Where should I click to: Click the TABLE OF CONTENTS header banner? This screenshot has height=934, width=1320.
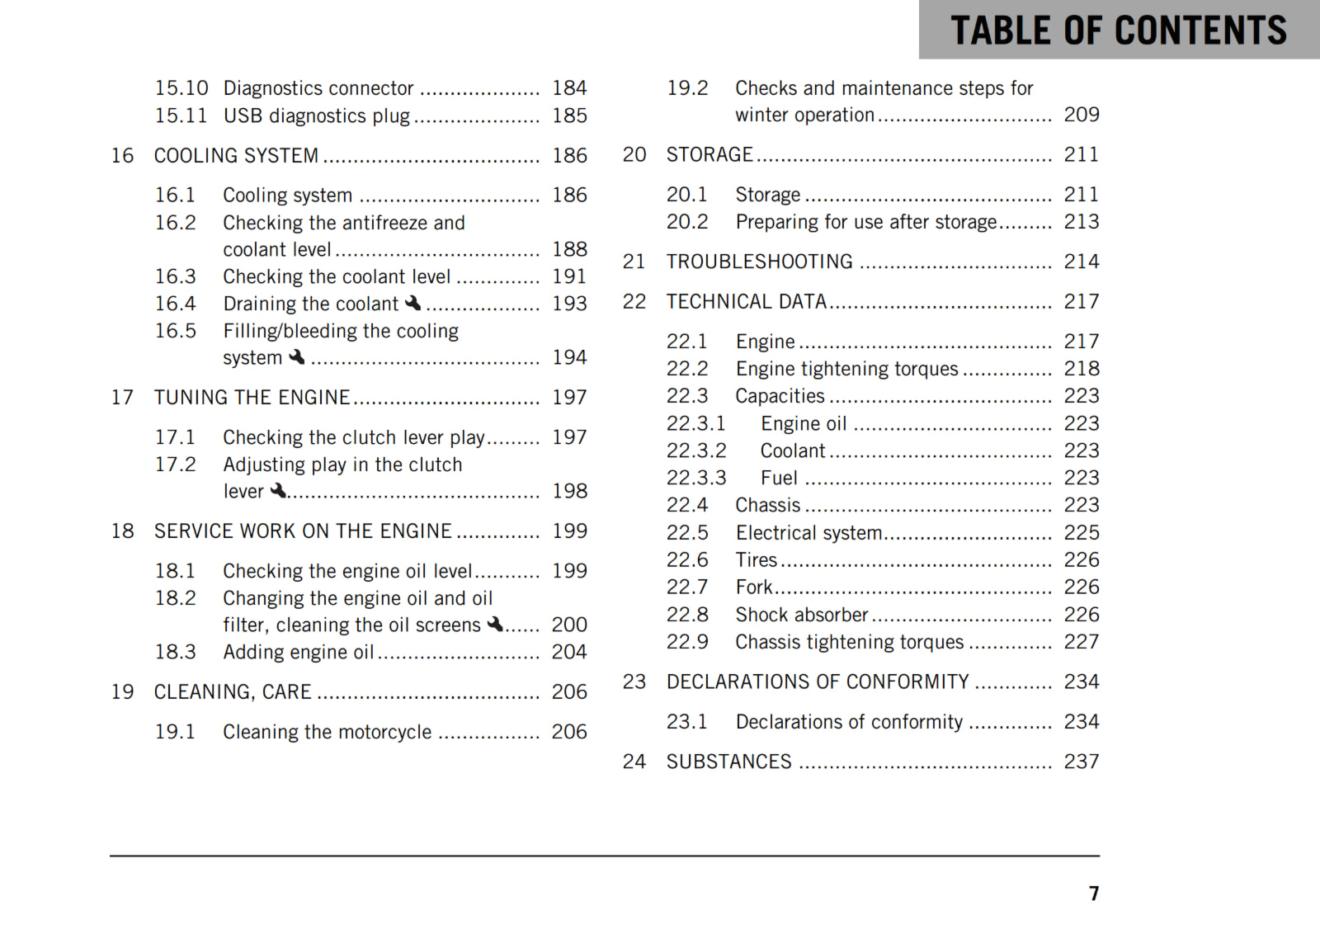tap(1119, 31)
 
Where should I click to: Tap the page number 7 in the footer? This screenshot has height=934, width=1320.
tap(1094, 894)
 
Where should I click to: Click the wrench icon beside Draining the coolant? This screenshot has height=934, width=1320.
tap(413, 304)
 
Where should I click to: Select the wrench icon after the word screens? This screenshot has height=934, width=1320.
tap(495, 625)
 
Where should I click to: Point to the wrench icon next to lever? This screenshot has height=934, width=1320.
tap(279, 491)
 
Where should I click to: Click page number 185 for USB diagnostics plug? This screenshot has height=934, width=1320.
tap(569, 116)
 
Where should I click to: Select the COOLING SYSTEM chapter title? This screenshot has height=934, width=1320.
tap(236, 155)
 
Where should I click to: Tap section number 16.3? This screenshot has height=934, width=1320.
tap(176, 276)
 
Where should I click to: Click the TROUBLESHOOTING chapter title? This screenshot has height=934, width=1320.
tap(759, 262)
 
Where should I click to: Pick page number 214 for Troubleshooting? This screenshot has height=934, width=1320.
tap(1081, 262)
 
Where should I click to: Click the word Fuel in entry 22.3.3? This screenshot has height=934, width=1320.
tap(779, 478)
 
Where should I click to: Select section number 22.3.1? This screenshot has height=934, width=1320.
tap(696, 423)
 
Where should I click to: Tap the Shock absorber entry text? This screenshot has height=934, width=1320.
tap(801, 615)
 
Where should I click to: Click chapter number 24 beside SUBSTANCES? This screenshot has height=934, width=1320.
tap(634, 762)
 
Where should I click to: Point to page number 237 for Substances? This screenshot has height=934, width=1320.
tap(1081, 762)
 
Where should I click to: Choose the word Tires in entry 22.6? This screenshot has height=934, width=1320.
tap(757, 560)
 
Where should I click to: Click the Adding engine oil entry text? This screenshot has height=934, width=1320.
tap(299, 652)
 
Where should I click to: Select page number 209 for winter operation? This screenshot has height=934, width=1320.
tap(1081, 115)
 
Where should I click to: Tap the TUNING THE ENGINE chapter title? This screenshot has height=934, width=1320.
tap(252, 398)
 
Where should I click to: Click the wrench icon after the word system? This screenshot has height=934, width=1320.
tap(297, 357)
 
